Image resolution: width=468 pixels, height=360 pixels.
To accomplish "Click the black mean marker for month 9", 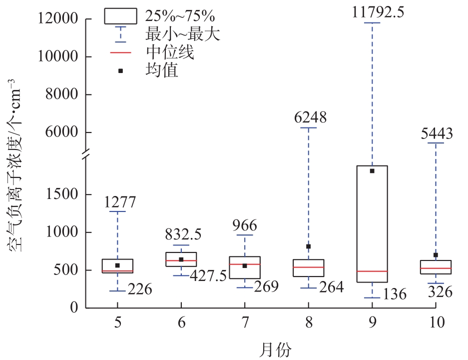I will [372, 171].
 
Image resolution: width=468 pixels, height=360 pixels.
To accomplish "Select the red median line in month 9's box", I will [372, 271].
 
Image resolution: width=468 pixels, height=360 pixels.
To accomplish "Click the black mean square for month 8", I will [309, 246].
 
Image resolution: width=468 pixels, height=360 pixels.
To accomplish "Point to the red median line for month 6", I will [181, 260].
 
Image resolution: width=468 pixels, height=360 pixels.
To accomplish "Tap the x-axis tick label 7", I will [245, 323].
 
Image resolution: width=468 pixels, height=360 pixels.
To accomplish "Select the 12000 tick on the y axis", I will [59, 19].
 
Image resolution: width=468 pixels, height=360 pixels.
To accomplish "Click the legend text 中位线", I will [170, 52].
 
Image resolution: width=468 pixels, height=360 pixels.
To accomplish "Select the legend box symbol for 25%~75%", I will [120, 16].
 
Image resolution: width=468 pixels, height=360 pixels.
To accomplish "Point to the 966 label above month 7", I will [245, 225].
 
